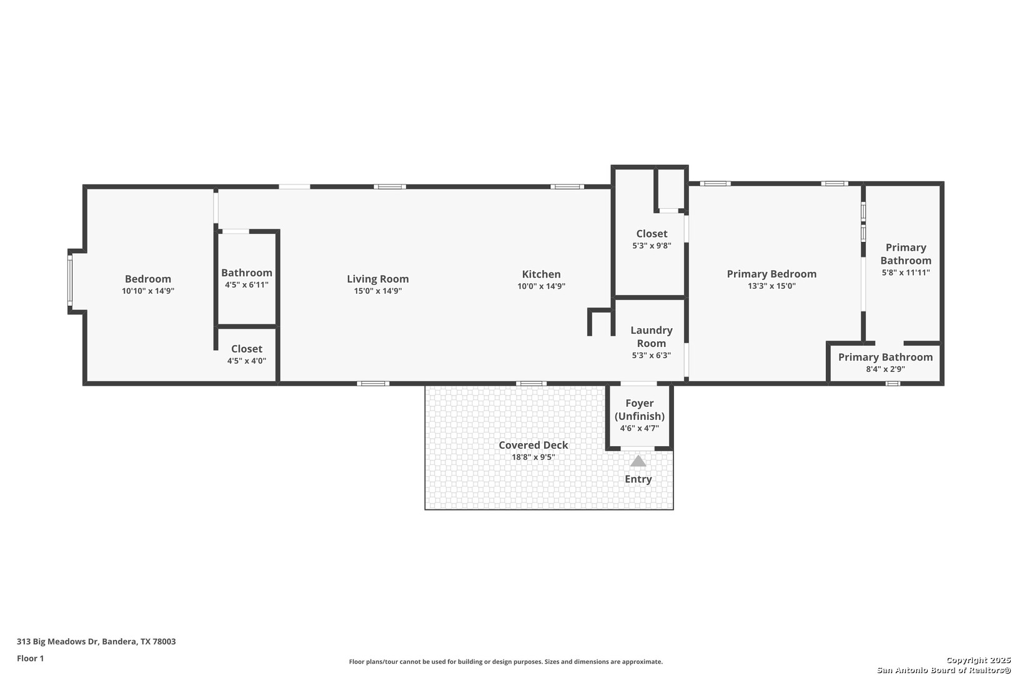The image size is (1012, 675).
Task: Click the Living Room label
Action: click(x=378, y=279)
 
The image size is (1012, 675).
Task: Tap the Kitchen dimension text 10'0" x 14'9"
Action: click(x=541, y=286)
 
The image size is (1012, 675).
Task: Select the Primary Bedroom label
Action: click(x=771, y=274)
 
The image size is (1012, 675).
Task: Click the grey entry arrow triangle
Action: click(x=638, y=461)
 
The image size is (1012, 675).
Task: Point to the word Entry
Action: click(x=638, y=479)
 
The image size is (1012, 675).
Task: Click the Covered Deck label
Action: click(x=533, y=445)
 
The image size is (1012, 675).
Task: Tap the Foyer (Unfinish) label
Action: click(x=639, y=409)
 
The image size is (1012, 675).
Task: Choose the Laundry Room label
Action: click(x=652, y=337)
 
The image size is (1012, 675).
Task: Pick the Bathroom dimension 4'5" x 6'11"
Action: click(x=247, y=285)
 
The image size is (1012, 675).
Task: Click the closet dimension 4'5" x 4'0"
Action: click(x=247, y=361)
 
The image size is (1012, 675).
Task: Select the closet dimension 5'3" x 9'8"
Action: click(x=652, y=246)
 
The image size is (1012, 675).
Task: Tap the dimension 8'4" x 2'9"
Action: click(x=885, y=369)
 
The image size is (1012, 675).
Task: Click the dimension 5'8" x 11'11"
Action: click(x=906, y=272)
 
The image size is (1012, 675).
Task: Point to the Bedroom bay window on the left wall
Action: click(x=70, y=281)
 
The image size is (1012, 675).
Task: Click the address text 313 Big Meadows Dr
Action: click(x=57, y=641)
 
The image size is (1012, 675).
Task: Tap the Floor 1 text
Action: click(x=30, y=659)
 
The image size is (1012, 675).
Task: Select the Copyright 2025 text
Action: click(x=978, y=661)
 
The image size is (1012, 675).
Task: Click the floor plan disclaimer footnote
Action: click(x=505, y=662)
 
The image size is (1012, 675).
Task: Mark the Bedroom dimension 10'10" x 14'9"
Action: click(x=147, y=291)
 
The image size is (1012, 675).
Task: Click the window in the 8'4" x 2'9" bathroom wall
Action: click(x=893, y=383)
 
